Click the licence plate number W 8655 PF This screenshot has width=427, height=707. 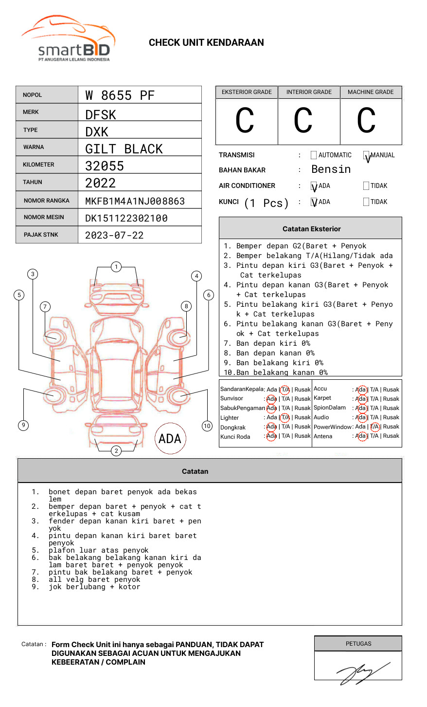pyautogui.click(x=120, y=95)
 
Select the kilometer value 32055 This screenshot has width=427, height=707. pyautogui.click(x=105, y=166)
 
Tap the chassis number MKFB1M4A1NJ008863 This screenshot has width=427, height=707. pyautogui.click(x=135, y=201)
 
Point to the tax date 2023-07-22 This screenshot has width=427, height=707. pyautogui.click(x=114, y=235)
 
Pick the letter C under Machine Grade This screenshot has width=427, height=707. pyautogui.click(x=366, y=121)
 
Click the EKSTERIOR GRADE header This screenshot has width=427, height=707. pyautogui.click(x=247, y=92)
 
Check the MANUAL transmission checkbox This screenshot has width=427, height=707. pyautogui.click(x=366, y=155)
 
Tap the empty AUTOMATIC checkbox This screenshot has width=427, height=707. pyautogui.click(x=313, y=155)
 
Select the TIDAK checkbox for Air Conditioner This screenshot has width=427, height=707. pyautogui.click(x=366, y=186)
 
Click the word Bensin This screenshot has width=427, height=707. pyautogui.click(x=331, y=169)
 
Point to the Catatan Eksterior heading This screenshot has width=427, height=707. pyautogui.click(x=311, y=229)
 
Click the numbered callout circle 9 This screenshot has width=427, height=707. pyautogui.click(x=23, y=425)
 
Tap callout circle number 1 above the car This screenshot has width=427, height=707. pyautogui.click(x=116, y=266)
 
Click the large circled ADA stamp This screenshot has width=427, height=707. pyautogui.click(x=170, y=439)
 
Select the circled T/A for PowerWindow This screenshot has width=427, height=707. pyautogui.click(x=374, y=427)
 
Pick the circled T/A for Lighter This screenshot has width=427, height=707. pyautogui.click(x=285, y=417)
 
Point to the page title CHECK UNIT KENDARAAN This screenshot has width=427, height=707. pyautogui.click(x=206, y=43)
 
